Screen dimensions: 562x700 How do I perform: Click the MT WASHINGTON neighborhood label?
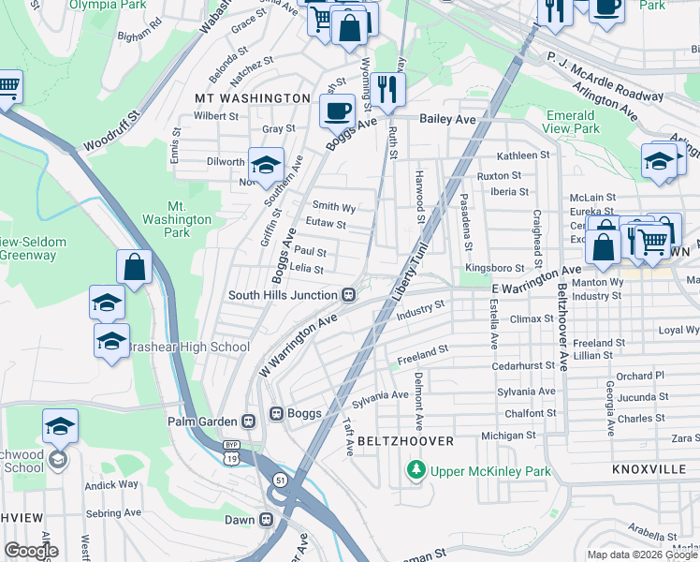point(252,97)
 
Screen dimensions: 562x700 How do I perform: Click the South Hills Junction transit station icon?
point(348,295)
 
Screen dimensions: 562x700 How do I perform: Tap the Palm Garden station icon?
point(249,421)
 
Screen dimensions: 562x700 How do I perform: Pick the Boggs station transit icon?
point(276,413)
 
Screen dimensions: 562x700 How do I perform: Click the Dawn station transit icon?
point(267,519)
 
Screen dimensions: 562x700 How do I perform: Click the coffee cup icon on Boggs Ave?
point(337,111)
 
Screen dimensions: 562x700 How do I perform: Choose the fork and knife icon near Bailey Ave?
point(386,88)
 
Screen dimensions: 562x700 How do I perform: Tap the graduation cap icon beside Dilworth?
point(266,163)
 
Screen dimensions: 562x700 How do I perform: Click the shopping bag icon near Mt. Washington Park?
point(135,266)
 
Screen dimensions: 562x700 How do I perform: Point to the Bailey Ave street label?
point(448,119)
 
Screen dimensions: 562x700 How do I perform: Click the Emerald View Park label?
point(572,121)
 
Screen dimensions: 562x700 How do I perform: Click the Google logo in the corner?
point(31,550)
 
